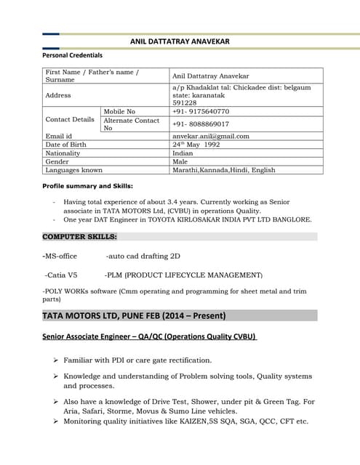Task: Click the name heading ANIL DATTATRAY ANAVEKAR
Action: tap(180, 41)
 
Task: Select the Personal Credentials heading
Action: tap(72, 55)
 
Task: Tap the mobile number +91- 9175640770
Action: tap(201, 111)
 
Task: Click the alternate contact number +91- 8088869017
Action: tap(201, 124)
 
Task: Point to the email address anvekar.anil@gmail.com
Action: tap(211, 136)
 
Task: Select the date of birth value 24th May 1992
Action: tap(196, 145)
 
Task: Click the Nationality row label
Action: tap(63, 153)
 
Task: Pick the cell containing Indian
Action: tap(183, 153)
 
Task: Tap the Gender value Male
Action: tap(180, 162)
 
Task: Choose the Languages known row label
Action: tap(73, 170)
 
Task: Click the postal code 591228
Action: tap(185, 102)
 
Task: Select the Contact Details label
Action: tap(70, 119)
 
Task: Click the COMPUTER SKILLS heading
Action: tap(80, 237)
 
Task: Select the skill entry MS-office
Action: tap(60, 256)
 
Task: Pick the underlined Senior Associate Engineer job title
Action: tap(149, 336)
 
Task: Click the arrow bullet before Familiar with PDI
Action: tap(55, 360)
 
